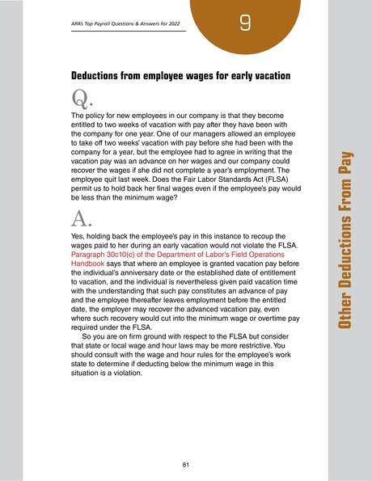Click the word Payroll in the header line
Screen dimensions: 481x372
point(101,23)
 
